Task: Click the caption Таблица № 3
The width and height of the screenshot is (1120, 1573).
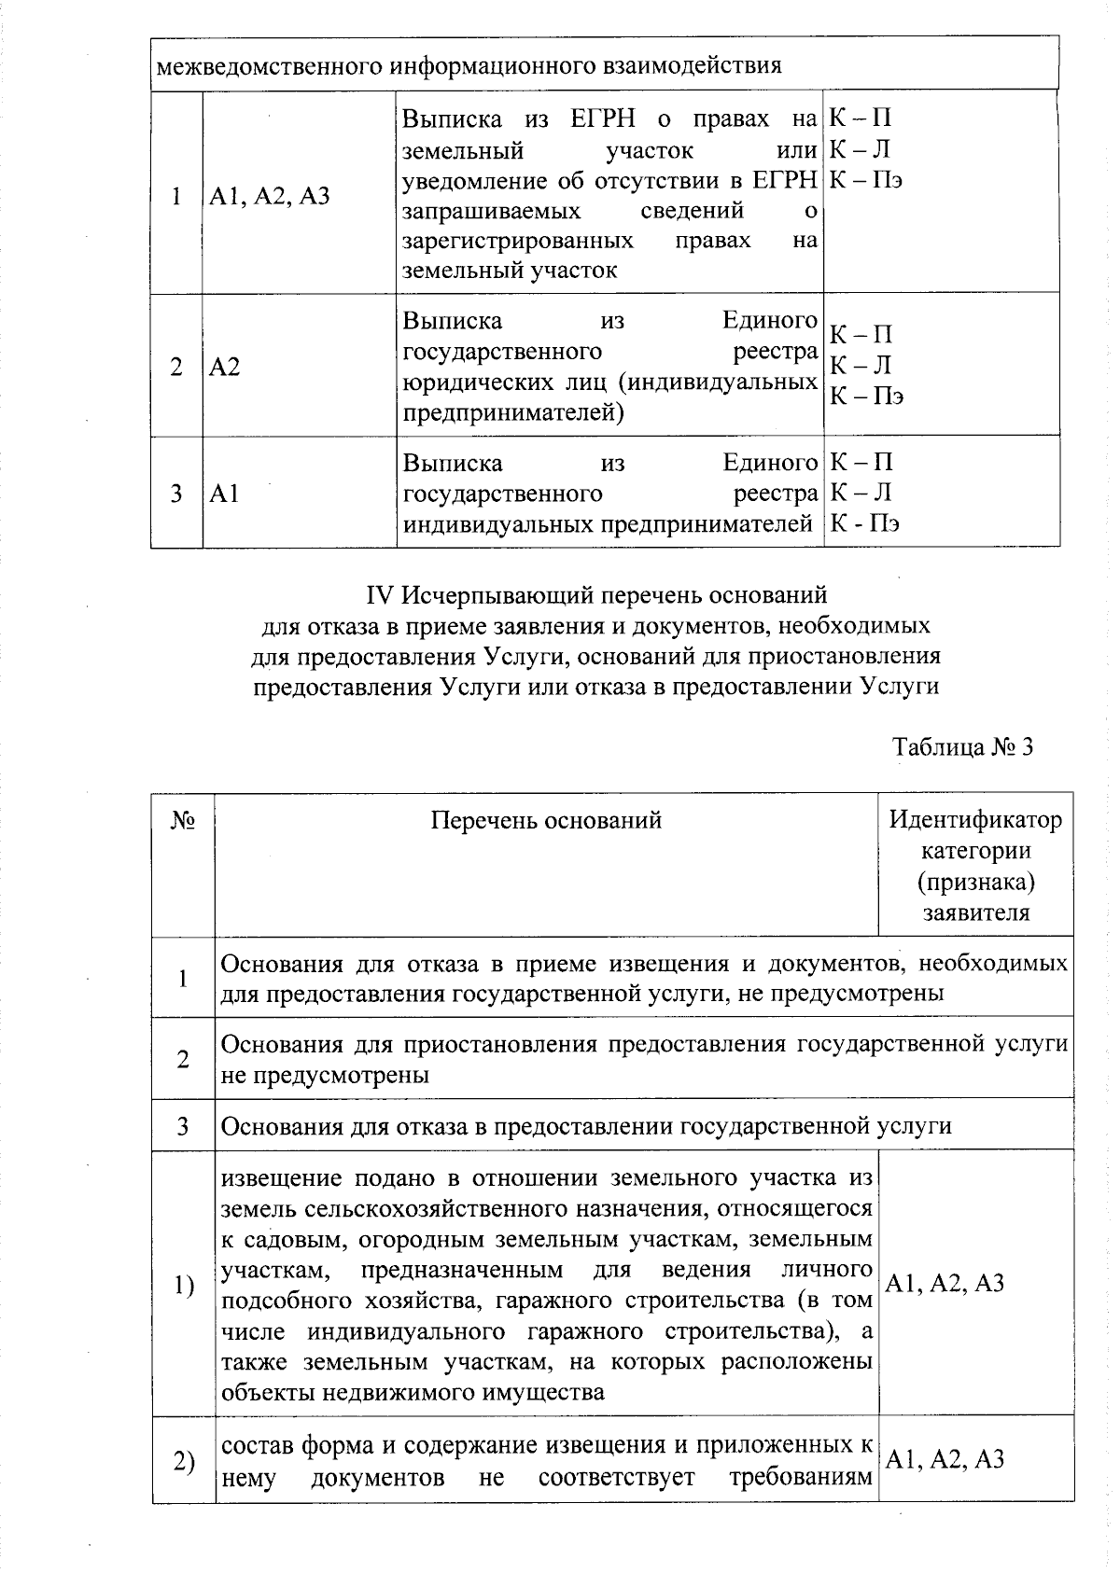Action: click(962, 747)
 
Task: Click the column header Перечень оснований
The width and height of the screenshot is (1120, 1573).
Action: click(546, 820)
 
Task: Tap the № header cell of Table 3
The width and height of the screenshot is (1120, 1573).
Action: click(183, 820)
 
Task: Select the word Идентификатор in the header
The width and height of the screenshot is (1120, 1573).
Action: click(975, 820)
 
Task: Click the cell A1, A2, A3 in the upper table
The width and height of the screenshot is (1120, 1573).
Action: click(270, 196)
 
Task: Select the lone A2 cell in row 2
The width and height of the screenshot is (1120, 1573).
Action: click(224, 367)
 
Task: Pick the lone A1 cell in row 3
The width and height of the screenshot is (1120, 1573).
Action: click(224, 494)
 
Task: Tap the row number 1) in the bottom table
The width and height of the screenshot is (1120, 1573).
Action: click(183, 1286)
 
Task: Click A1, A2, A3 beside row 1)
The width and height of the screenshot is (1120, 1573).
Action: click(945, 1284)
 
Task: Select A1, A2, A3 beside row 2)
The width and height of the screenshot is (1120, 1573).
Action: click(945, 1459)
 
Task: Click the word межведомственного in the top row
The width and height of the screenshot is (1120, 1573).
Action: click(267, 66)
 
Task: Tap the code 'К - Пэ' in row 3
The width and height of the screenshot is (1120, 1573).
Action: click(865, 523)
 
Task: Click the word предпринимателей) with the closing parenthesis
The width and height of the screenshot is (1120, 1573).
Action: click(512, 412)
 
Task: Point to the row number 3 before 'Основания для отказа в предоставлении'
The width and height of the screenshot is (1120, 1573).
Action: click(183, 1126)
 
